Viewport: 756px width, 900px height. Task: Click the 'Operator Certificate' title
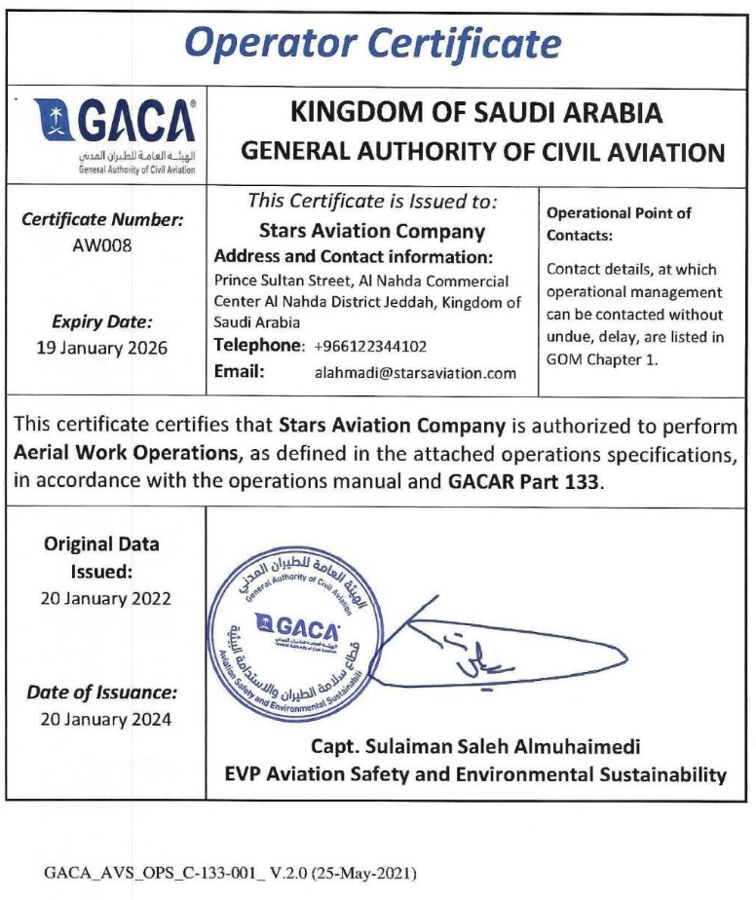click(374, 43)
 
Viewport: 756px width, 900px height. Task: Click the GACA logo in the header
click(115, 133)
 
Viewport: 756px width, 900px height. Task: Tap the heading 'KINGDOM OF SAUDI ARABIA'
click(477, 113)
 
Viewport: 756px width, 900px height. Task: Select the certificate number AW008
click(103, 244)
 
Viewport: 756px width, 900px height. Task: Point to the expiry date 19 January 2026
click(103, 348)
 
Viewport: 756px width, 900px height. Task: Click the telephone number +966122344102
click(371, 346)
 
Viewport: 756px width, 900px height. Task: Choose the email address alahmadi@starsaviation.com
click(416, 372)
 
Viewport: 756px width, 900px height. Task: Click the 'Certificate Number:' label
click(103, 220)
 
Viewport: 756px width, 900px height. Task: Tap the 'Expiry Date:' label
click(103, 322)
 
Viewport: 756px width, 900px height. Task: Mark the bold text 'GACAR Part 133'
click(525, 481)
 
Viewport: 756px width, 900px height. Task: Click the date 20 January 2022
click(105, 599)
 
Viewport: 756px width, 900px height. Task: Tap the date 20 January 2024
click(105, 720)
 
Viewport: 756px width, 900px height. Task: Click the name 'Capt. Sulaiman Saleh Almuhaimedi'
click(475, 748)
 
